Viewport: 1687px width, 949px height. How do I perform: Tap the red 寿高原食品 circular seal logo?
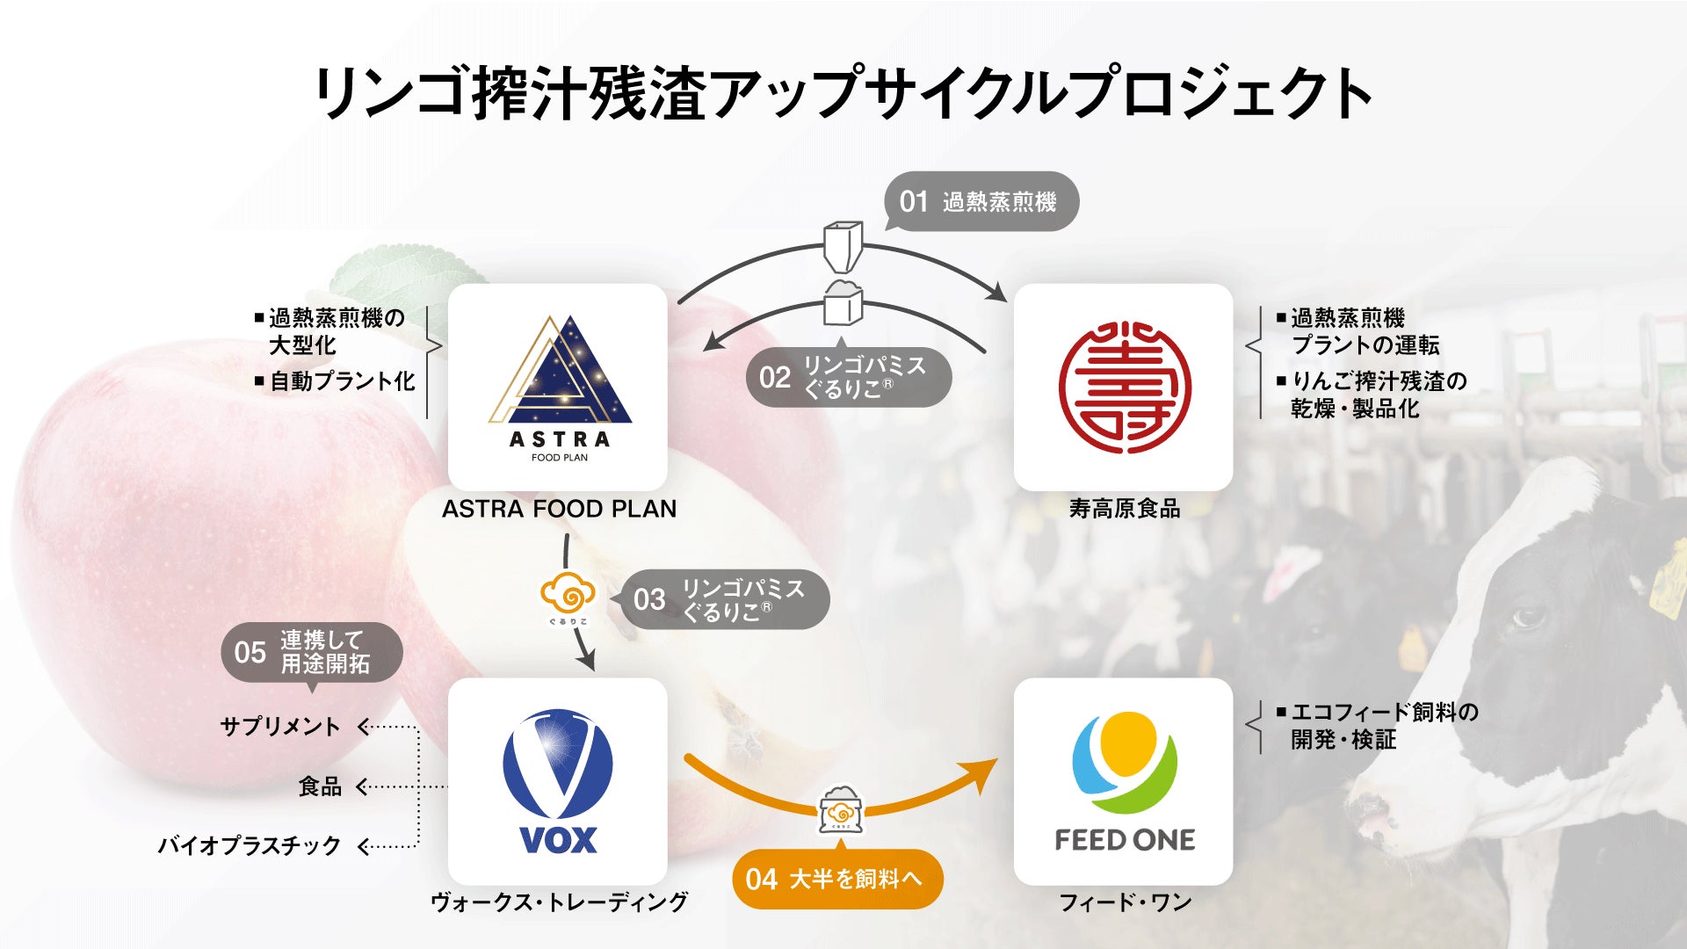pos(1124,387)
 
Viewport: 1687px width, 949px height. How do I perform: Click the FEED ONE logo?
pos(1124,782)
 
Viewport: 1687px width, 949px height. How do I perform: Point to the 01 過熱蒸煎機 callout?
pos(981,202)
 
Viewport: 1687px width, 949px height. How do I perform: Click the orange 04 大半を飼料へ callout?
pos(836,879)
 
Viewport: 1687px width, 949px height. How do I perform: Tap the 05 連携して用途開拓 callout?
pos(312,652)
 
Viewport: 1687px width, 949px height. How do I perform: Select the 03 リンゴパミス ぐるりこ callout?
pos(726,600)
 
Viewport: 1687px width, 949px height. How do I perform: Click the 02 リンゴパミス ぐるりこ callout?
pos(849,378)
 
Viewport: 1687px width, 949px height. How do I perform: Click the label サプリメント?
pos(280,727)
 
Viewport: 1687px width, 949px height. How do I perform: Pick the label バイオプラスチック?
pos(250,845)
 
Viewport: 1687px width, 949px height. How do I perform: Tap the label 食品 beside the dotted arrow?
pos(320,786)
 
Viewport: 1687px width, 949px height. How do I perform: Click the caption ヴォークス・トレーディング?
pos(559,902)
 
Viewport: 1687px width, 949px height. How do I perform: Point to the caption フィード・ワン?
pos(1125,902)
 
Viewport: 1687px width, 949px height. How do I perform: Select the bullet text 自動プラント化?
pos(342,381)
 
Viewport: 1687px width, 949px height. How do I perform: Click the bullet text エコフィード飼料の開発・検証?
pos(1384,726)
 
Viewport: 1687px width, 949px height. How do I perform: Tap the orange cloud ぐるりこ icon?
pos(568,598)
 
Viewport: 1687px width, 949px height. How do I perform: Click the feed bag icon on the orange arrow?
pos(841,810)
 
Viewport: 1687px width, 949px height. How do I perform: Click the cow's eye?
pos(1530,617)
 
